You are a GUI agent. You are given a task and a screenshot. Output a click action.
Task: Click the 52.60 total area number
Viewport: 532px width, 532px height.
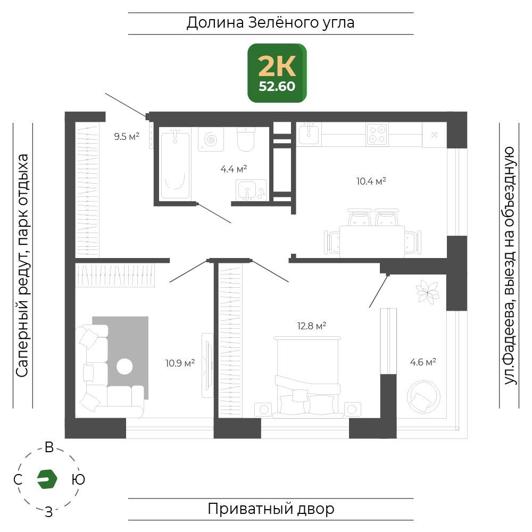point(277,87)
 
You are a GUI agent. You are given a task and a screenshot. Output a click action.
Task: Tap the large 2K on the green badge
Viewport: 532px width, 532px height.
point(277,66)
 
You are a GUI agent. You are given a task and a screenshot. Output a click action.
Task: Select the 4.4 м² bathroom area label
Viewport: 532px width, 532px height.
point(234,169)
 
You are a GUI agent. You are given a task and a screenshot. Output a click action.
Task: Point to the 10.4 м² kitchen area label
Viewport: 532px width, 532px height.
point(371,181)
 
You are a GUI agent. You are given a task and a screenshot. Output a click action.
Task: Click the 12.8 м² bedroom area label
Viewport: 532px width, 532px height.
point(312,326)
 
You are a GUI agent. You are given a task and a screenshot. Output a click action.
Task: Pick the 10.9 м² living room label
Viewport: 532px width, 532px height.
point(180,363)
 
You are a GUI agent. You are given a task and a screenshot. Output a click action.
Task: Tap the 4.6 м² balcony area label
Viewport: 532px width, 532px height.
point(423,362)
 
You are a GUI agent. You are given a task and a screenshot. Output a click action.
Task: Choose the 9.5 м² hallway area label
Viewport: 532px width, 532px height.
point(127,136)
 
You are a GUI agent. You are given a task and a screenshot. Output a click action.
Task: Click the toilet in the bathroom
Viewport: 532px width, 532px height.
point(246,139)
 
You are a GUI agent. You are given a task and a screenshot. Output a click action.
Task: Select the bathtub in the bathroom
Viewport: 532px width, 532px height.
point(175,165)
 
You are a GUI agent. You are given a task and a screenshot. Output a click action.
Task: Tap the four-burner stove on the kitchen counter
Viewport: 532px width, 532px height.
point(377,135)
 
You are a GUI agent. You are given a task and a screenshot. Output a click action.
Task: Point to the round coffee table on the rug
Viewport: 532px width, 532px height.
point(124,367)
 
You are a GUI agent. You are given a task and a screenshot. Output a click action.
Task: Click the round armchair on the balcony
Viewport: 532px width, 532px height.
point(423,397)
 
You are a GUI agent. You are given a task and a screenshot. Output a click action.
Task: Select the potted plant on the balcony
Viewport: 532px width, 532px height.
point(428,292)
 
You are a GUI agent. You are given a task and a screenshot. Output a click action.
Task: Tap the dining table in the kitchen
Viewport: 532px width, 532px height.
point(372,242)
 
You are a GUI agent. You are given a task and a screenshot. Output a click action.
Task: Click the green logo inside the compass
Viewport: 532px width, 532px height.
point(47,479)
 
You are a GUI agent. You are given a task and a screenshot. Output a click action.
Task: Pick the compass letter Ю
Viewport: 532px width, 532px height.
point(78,479)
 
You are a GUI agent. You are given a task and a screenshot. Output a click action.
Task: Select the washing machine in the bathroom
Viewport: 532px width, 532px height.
point(211,139)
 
